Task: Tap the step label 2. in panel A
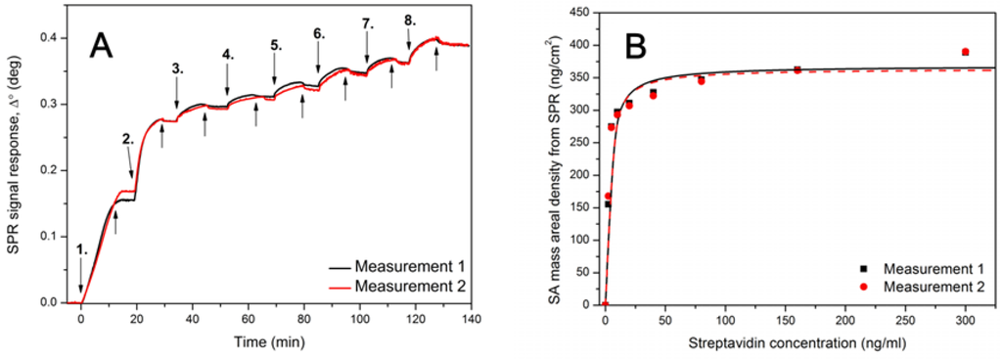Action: coord(127,140)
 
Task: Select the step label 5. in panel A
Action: coord(275,45)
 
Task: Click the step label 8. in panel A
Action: coord(409,20)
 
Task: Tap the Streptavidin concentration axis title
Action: coord(799,342)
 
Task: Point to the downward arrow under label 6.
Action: coord(318,61)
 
